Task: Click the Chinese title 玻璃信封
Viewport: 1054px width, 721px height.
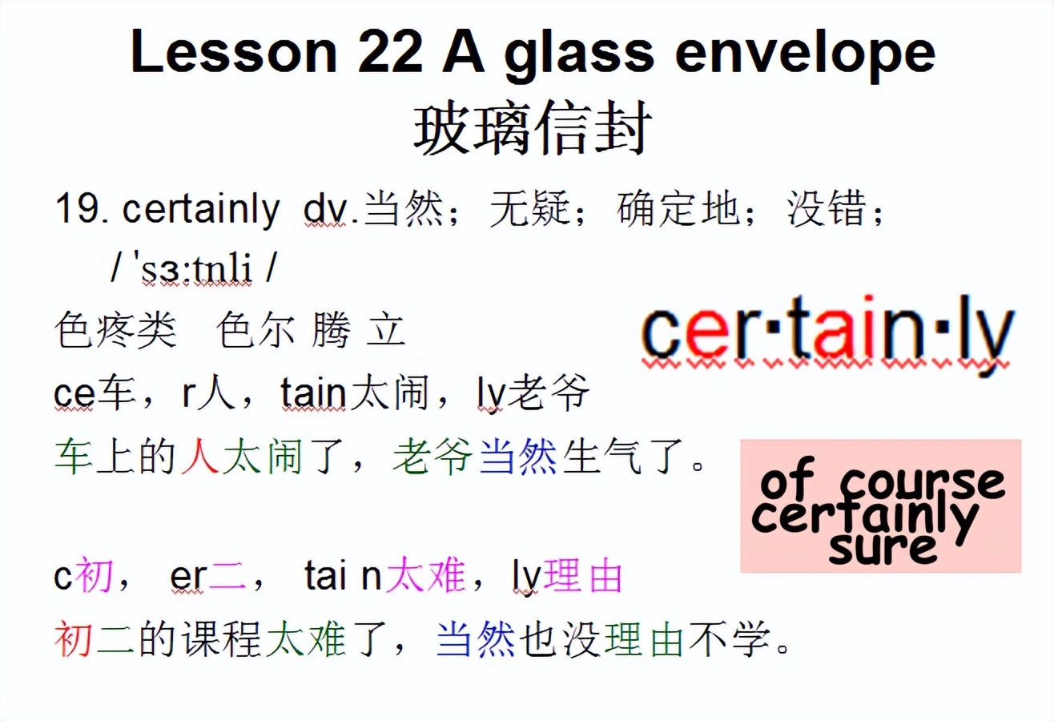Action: click(x=530, y=130)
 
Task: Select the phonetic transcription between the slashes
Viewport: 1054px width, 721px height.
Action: click(x=191, y=272)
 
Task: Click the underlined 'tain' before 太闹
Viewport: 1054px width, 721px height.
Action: click(x=313, y=394)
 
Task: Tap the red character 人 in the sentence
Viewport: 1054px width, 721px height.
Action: click(x=200, y=458)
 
